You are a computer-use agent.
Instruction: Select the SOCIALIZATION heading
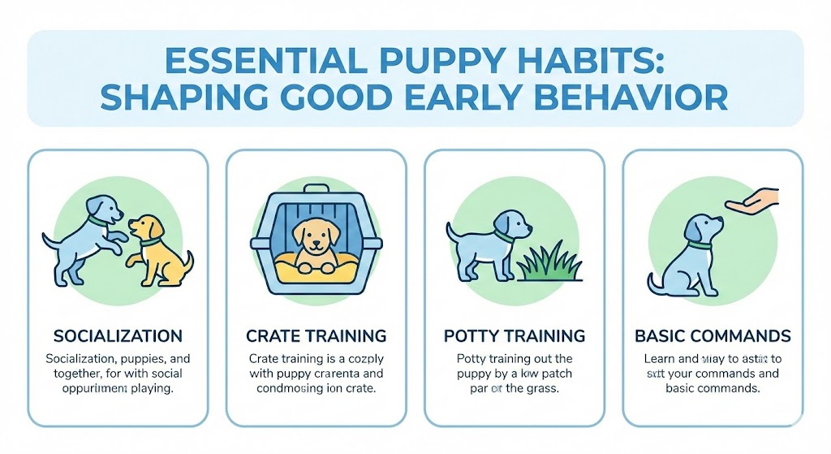[x=117, y=335]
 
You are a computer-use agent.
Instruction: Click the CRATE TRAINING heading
[x=316, y=335]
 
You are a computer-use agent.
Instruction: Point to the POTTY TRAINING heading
[x=515, y=335]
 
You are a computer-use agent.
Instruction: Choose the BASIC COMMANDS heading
[x=713, y=335]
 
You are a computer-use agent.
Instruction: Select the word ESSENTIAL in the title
[x=239, y=63]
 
